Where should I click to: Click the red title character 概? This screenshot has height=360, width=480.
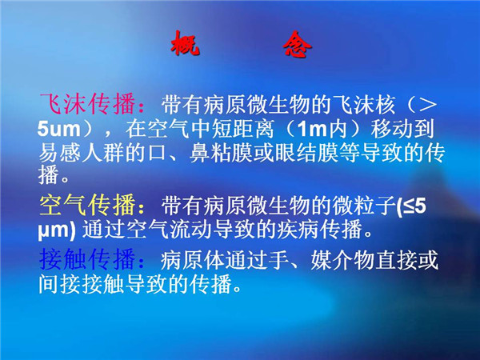185,43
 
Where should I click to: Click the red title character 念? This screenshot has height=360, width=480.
297,44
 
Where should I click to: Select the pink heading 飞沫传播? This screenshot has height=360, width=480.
87,104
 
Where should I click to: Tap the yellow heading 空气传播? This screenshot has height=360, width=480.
87,205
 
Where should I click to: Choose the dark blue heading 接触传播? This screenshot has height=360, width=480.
87,259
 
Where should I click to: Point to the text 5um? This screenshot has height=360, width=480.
58,129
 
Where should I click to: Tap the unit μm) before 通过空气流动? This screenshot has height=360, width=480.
57,230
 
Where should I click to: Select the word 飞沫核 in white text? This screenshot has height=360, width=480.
364,104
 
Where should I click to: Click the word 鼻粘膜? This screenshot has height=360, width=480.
221,152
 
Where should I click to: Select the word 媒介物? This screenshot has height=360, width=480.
342,260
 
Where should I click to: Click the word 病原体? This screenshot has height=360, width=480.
193,260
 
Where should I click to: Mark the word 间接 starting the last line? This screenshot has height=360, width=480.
60,284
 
